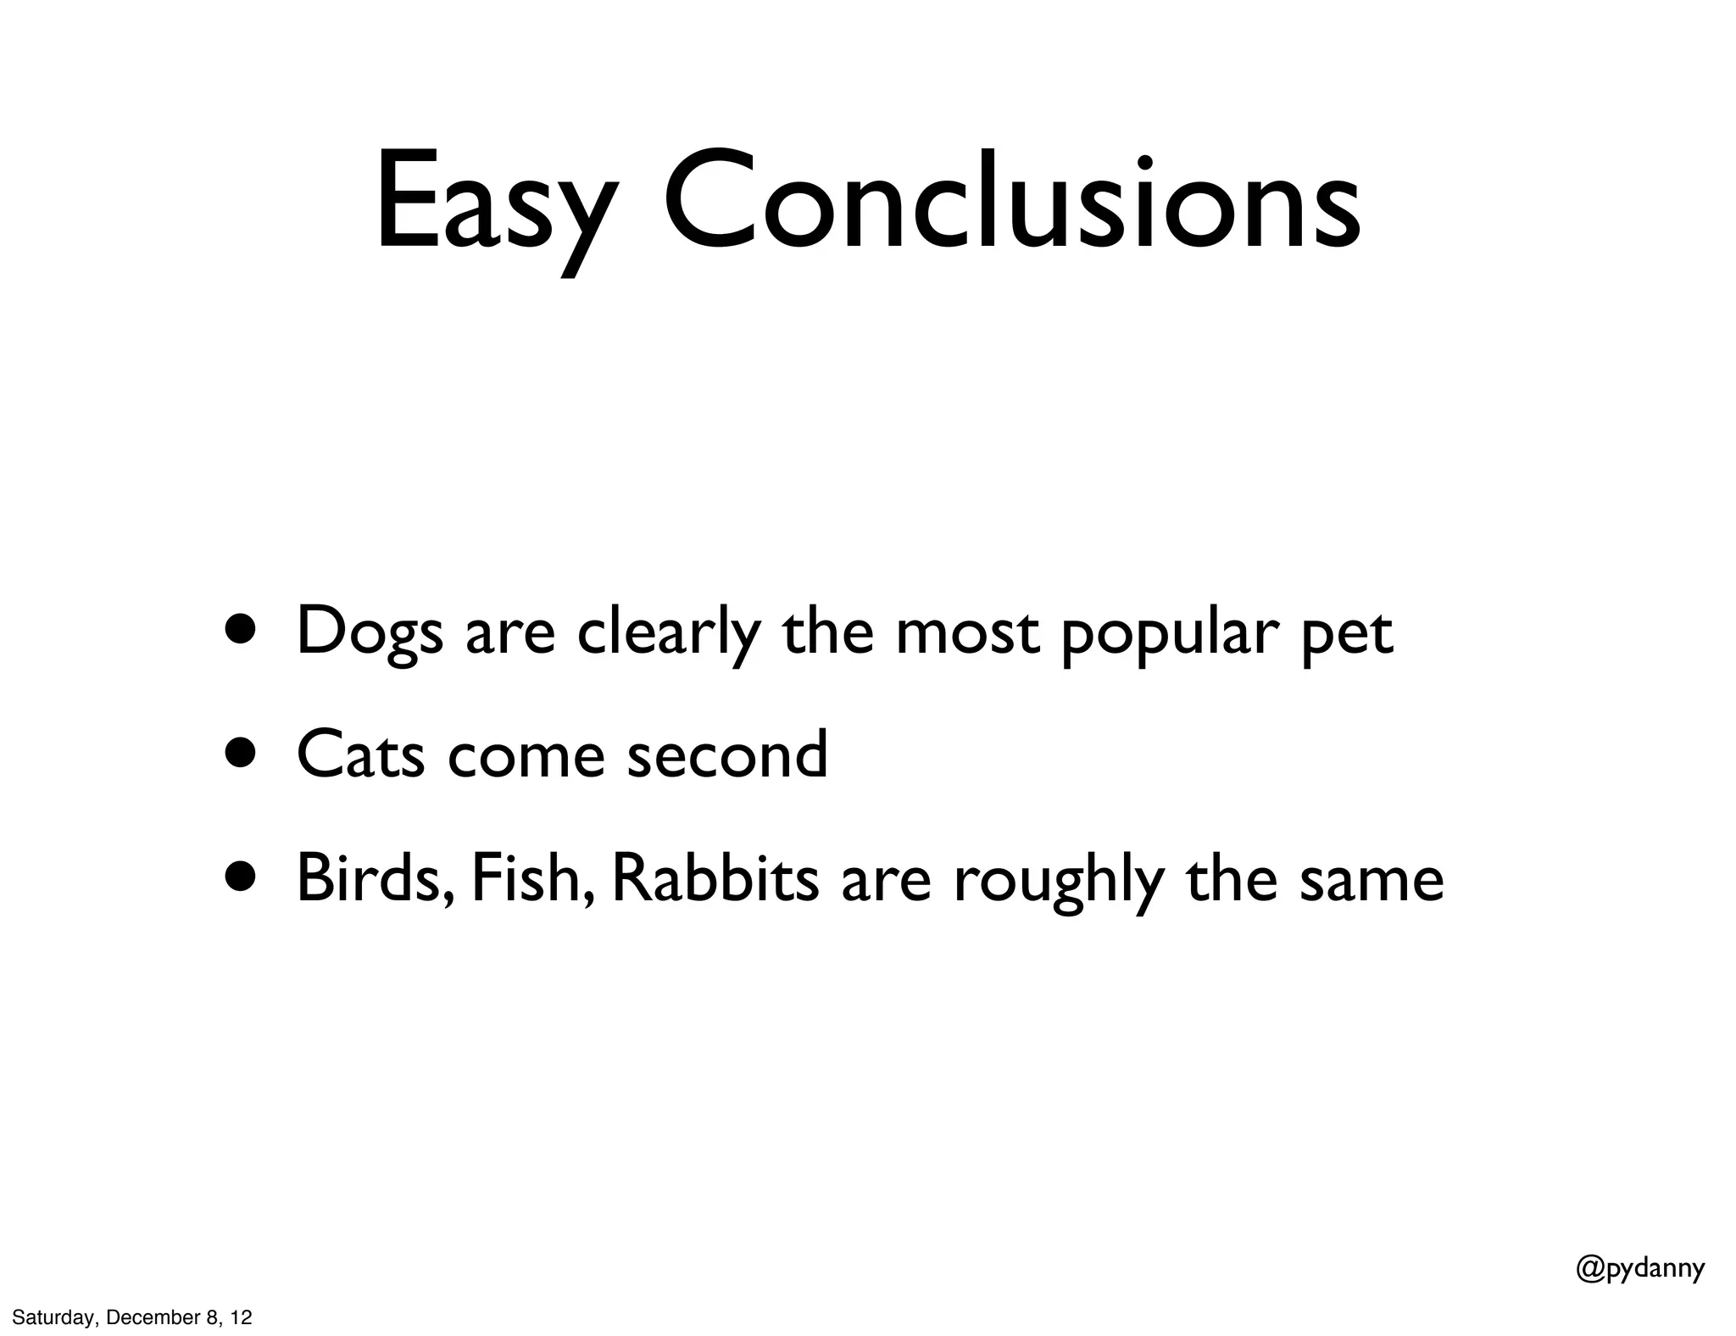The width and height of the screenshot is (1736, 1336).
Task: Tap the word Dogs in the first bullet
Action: click(x=370, y=632)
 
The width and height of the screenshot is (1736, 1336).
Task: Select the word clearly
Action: click(x=668, y=632)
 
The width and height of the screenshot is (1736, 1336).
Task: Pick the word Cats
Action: click(x=360, y=754)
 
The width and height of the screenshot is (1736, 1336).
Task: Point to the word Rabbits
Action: click(x=715, y=878)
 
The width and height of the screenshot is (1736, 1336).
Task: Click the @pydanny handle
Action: click(x=1640, y=1268)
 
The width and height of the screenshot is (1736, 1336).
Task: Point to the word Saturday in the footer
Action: click(x=54, y=1317)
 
